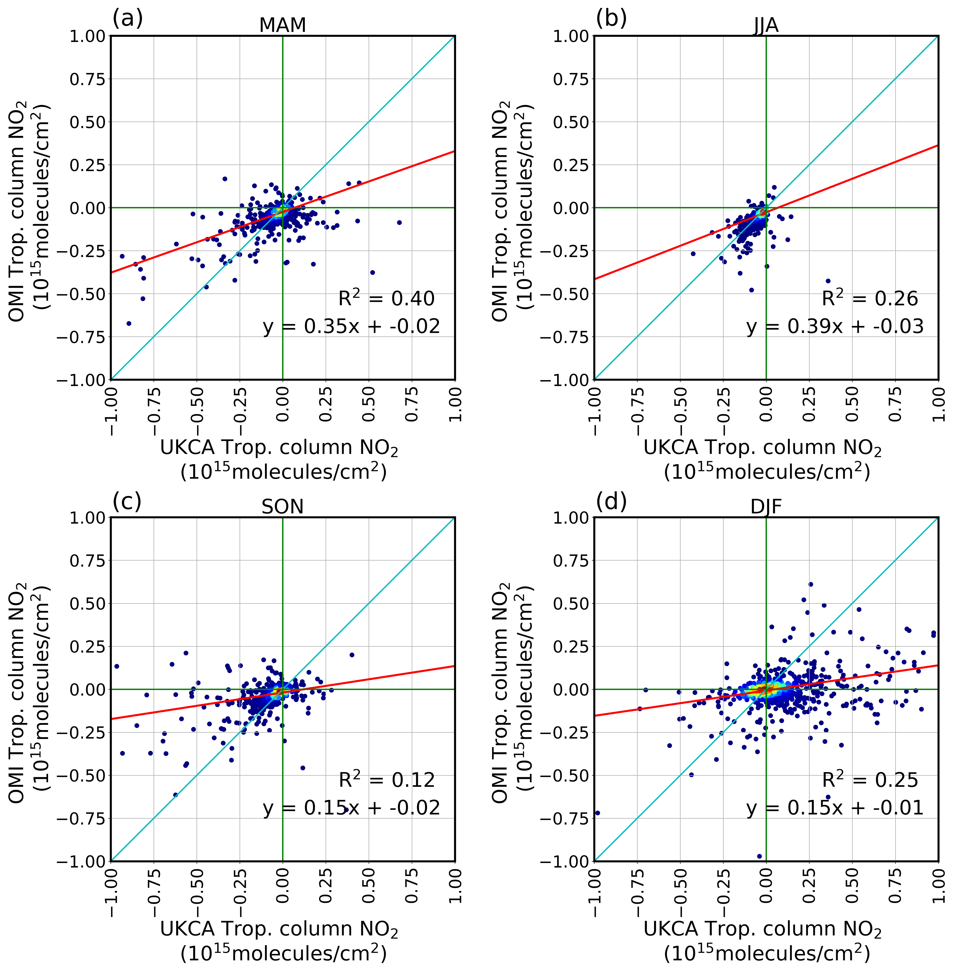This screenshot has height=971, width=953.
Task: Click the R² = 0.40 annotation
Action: click(x=386, y=299)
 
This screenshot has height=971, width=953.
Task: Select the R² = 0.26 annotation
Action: click(x=870, y=299)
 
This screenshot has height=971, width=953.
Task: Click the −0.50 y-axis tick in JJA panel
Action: click(x=566, y=294)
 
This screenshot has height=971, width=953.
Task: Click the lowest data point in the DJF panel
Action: click(x=759, y=856)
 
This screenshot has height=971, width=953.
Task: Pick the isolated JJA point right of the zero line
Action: click(x=828, y=281)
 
